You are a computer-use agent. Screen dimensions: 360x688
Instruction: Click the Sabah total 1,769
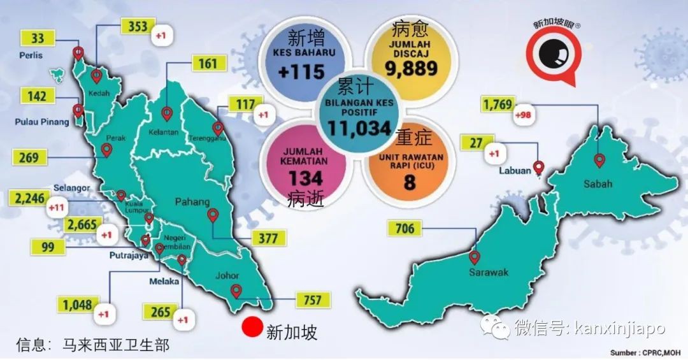coord(498,104)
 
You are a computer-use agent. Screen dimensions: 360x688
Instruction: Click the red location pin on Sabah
coord(599,160)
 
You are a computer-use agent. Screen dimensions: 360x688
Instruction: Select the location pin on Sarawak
coord(474,257)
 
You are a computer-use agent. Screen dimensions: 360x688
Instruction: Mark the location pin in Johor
coord(236,291)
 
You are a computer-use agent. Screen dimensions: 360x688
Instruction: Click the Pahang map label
coord(193,202)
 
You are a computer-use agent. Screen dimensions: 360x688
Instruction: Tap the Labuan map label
coord(516,170)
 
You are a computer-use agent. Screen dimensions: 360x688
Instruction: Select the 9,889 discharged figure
coord(410,68)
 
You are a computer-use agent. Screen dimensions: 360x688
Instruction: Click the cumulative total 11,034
coord(359,129)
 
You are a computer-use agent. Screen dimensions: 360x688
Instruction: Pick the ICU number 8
coord(409,182)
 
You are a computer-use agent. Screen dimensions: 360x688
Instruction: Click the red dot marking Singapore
coord(253,328)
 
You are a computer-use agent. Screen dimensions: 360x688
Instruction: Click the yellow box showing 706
coord(405,228)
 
